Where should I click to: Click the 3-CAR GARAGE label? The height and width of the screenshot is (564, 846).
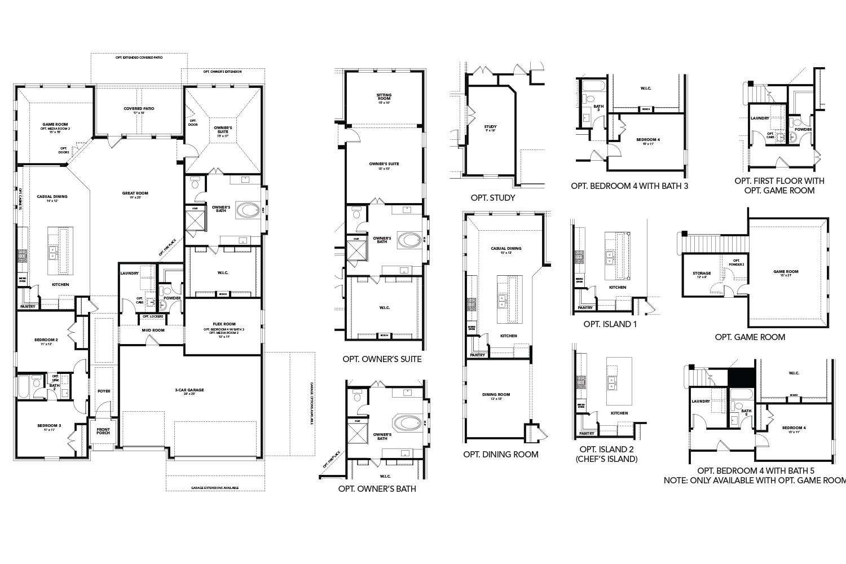tap(189, 390)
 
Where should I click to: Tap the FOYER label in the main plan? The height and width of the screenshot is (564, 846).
tap(104, 391)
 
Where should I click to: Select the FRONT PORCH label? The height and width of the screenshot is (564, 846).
tap(103, 431)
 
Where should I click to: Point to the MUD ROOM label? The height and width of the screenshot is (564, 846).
tap(153, 330)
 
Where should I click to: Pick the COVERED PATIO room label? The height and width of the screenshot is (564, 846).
tap(139, 108)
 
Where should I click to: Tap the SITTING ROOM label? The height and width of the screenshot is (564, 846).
tap(384, 97)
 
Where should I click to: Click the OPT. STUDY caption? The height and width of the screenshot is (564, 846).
tap(492, 198)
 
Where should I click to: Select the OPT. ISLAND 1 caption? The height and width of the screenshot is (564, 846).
tap(610, 324)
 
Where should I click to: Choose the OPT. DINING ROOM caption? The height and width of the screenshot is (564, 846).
tap(500, 454)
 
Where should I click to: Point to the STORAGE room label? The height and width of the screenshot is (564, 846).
tap(702, 274)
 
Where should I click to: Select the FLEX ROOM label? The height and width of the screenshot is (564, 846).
tap(219, 324)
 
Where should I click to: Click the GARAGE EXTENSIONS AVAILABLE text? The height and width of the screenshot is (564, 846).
tap(215, 488)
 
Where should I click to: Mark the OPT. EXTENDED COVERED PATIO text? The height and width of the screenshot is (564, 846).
tap(138, 58)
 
